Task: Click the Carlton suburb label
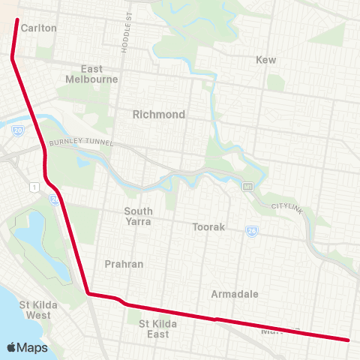click(39, 28)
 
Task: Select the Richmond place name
click(158, 115)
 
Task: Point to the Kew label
click(266, 59)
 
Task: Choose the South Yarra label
click(138, 216)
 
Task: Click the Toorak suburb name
click(209, 226)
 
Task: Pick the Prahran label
click(124, 264)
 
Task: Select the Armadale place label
click(235, 293)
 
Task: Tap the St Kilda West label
click(35, 310)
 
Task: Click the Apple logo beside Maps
click(12, 347)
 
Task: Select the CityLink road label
click(286, 206)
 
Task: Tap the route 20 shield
click(17, 130)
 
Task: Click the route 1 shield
click(34, 186)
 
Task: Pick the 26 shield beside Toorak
click(253, 232)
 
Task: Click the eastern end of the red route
click(349, 340)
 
